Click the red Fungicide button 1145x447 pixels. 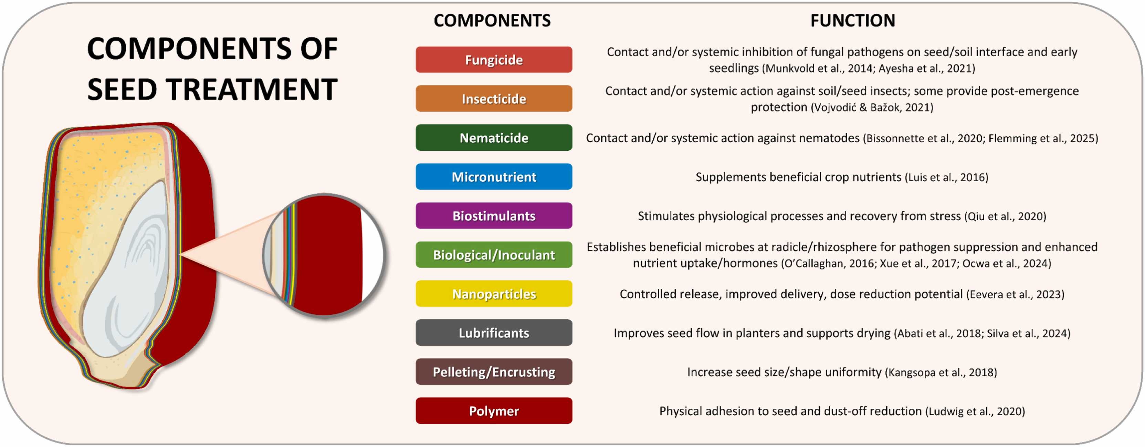coord(494,60)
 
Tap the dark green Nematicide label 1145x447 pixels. coord(494,138)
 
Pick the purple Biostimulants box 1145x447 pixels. coord(494,216)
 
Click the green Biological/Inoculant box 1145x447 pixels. coord(494,255)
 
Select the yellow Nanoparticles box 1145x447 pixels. coord(494,294)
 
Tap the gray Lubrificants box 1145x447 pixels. coord(494,333)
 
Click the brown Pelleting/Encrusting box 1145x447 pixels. coord(494,372)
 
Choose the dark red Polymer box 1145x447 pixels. coord(494,411)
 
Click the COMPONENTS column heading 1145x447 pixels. coord(492,20)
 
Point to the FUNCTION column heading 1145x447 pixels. coord(852,20)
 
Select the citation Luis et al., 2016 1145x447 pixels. coord(946,177)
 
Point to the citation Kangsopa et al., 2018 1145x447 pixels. coord(941,372)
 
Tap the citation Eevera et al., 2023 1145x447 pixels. coord(1015,294)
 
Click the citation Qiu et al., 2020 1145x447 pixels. coord(1005,216)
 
